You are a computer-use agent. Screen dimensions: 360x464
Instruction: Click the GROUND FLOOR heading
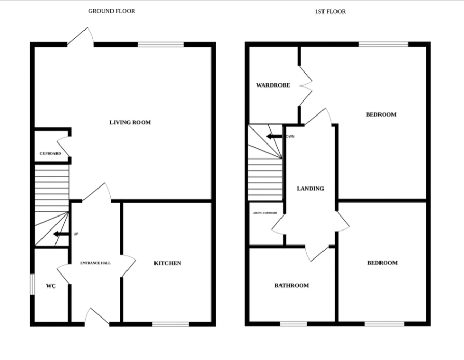pyautogui.click(x=111, y=11)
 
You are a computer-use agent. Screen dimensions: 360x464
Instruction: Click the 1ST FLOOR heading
pyautogui.click(x=330, y=11)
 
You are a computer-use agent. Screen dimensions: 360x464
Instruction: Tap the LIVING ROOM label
pyautogui.click(x=130, y=123)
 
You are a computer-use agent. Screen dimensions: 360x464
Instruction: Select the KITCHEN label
pyautogui.click(x=168, y=263)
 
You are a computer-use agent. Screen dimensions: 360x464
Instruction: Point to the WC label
pyautogui.click(x=51, y=286)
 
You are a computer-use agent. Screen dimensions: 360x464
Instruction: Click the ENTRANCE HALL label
pyautogui.click(x=95, y=263)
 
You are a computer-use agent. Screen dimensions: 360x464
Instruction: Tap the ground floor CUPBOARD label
pyautogui.click(x=50, y=154)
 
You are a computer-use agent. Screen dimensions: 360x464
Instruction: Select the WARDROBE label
pyautogui.click(x=273, y=85)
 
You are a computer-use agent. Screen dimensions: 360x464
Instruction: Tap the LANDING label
pyautogui.click(x=310, y=189)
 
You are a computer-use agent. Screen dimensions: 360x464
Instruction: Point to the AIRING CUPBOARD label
pyautogui.click(x=265, y=213)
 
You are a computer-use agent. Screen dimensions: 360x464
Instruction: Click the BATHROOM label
pyautogui.click(x=292, y=286)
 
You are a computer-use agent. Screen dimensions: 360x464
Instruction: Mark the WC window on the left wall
pyautogui.click(x=32, y=285)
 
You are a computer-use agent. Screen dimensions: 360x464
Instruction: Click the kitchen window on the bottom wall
pyautogui.click(x=171, y=324)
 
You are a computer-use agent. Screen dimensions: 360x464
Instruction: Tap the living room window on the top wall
pyautogui.click(x=161, y=45)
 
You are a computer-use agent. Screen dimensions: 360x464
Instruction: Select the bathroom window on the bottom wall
pyautogui.click(x=294, y=324)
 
